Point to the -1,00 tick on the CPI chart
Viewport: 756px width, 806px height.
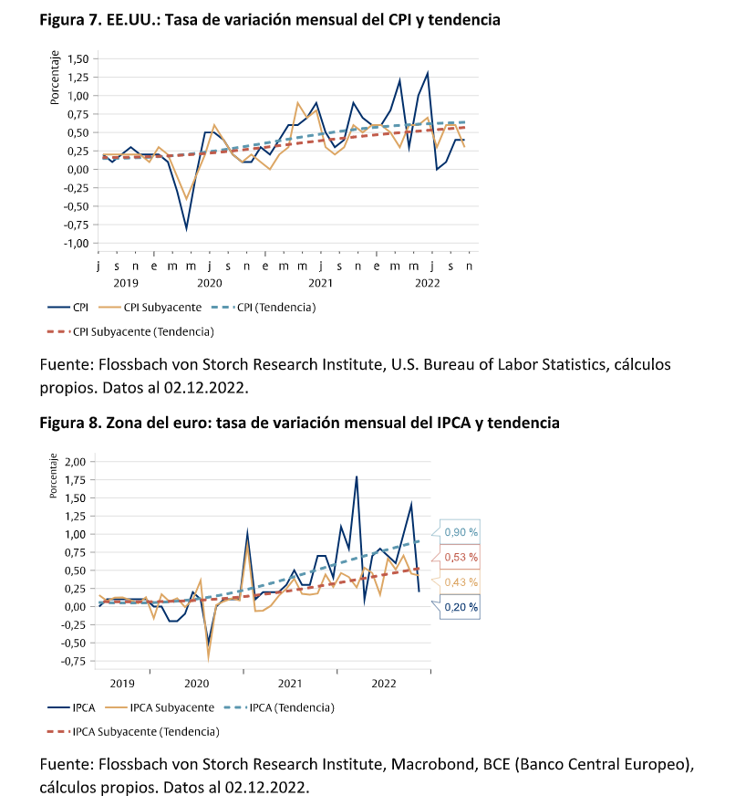(75, 244)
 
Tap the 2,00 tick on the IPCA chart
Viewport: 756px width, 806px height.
(75, 462)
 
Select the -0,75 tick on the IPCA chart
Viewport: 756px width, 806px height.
(73, 662)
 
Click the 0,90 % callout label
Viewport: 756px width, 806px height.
(461, 532)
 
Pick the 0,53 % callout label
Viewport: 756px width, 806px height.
(461, 557)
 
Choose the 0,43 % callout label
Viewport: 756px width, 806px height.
(461, 581)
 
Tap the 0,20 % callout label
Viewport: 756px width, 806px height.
(461, 606)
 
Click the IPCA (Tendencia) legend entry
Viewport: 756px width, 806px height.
(293, 707)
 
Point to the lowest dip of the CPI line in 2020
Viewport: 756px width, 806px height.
(187, 228)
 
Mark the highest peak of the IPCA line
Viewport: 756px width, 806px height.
(357, 476)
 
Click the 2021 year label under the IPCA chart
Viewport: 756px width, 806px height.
(290, 683)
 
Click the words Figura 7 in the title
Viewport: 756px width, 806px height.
(69, 19)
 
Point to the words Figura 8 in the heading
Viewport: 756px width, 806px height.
(69, 423)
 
